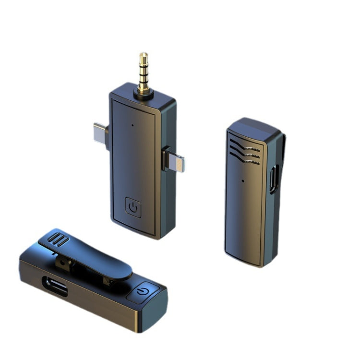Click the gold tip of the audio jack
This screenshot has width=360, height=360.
(143, 57)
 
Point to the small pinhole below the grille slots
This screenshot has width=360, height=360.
(242, 181)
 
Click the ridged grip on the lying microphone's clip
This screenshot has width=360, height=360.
(58, 238)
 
